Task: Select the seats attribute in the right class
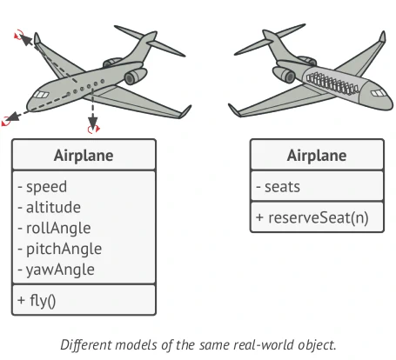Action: coord(279,186)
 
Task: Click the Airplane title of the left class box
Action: coord(84,157)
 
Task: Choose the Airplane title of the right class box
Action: coord(316,157)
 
